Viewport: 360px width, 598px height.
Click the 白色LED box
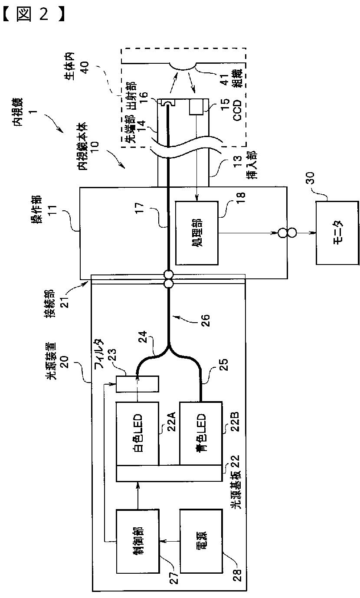pos(137,433)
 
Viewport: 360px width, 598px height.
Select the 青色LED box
pos(200,433)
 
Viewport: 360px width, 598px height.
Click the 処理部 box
pos(196,233)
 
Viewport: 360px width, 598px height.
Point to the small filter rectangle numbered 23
pos(137,383)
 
